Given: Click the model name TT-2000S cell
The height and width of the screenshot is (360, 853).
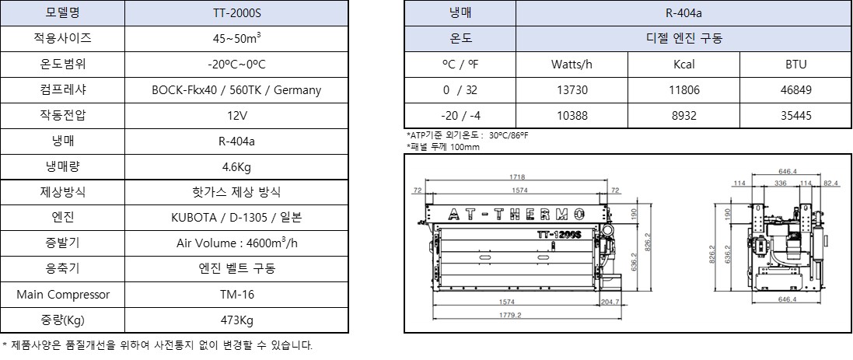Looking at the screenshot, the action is point(236,13).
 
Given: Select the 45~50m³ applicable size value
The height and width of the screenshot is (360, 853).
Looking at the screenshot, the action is point(236,39).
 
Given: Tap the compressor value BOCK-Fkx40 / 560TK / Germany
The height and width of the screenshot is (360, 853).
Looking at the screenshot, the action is point(236,90).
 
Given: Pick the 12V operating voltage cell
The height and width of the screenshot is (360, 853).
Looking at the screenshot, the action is point(236,116).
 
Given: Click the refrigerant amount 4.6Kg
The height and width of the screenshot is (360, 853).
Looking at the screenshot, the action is point(236,167).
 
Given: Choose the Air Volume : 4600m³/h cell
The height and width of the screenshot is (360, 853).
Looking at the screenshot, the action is point(236,243).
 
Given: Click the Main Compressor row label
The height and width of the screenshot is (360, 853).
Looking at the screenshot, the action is point(62,295).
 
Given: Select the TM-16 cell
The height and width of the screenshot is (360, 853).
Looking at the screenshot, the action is point(236,295).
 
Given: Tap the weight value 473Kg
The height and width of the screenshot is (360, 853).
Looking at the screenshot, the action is point(236,320).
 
